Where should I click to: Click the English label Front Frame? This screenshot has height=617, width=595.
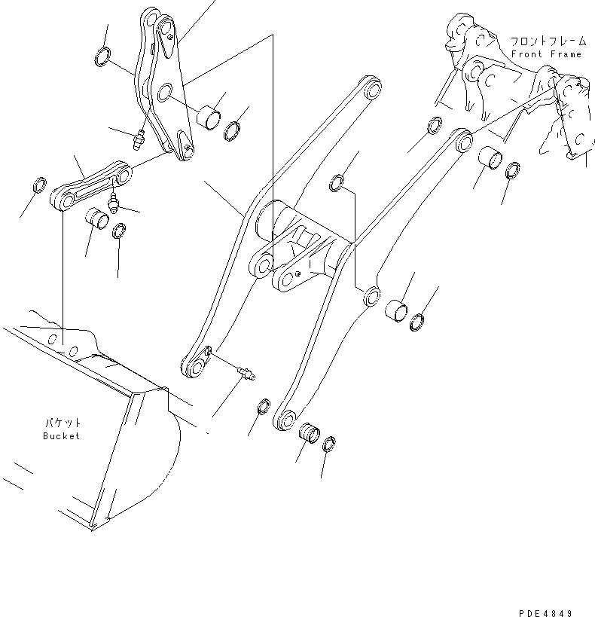pos(546,54)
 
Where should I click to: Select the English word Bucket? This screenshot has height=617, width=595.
pos(60,436)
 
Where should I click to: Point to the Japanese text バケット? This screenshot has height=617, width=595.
pos(61,424)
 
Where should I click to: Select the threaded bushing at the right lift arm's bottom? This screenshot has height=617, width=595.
pos(310,434)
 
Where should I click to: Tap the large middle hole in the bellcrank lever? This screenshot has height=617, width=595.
pos(164,94)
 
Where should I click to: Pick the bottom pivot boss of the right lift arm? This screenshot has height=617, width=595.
pos(285,419)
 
